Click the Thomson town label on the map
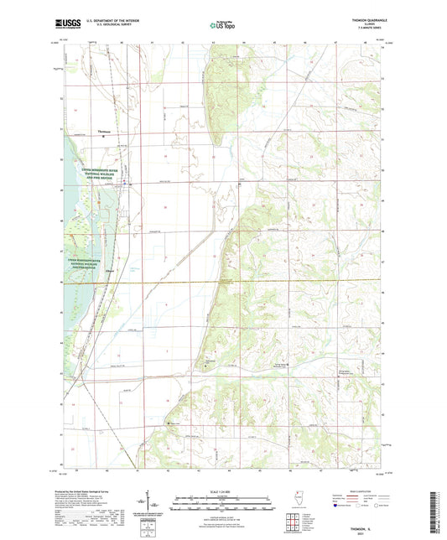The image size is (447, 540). coord(105,131)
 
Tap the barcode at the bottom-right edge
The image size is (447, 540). coord(439,503)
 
